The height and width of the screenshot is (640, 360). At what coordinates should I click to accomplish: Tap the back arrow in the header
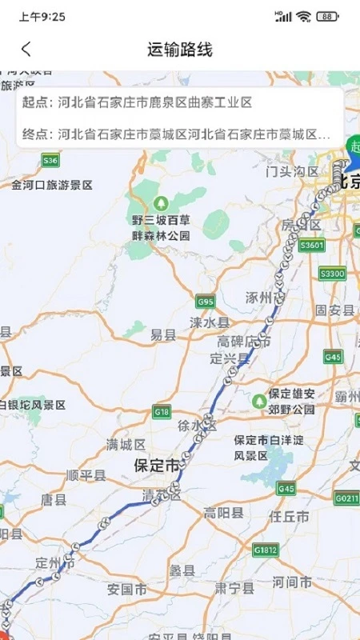pyautogui.click(x=26, y=50)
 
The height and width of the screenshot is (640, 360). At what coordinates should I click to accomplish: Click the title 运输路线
pyautogui.click(x=180, y=50)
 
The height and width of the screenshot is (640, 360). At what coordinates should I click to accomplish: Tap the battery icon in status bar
pyautogui.click(x=327, y=16)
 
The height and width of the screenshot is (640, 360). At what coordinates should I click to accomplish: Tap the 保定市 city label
pyautogui.click(x=157, y=465)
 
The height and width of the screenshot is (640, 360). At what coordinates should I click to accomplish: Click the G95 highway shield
pyautogui.click(x=206, y=302)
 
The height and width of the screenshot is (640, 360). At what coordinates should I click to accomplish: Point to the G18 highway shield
pyautogui.click(x=162, y=411)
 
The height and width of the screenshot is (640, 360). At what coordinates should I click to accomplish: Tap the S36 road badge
pyautogui.click(x=51, y=161)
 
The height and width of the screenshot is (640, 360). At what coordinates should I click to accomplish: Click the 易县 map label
pyautogui.click(x=163, y=336)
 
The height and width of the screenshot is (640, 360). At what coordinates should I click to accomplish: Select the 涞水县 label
pyautogui.click(x=210, y=322)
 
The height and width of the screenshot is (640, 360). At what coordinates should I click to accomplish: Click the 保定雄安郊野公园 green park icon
pyautogui.click(x=259, y=400)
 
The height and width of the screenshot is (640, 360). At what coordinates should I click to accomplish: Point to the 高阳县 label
pyautogui.click(x=220, y=513)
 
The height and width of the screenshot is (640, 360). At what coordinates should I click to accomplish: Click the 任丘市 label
pyautogui.click(x=290, y=517)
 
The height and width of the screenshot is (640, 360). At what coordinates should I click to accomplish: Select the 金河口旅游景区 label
pyautogui.click(x=52, y=185)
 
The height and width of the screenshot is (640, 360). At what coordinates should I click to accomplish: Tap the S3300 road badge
pyautogui.click(x=331, y=274)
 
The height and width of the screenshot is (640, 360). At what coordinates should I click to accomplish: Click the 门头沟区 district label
pyautogui.click(x=292, y=171)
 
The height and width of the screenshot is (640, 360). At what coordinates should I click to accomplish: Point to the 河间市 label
pyautogui.click(x=292, y=580)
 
